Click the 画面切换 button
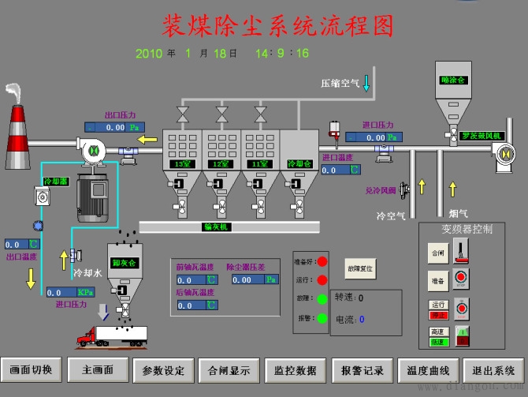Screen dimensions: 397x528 pos(31,369)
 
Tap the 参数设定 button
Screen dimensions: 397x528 pos(163,369)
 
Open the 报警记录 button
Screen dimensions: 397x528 pos(362,369)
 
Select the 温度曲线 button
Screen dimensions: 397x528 pos(428,369)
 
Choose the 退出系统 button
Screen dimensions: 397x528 pos(494,369)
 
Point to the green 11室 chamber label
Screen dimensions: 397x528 pos(259,163)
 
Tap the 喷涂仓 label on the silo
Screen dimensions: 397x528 pos(454,80)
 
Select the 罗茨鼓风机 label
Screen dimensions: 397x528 pos(481,135)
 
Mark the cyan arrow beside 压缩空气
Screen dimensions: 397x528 pos(366,82)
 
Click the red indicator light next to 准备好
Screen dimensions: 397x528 pos(322,261)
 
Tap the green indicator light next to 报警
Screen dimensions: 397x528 pos(322,318)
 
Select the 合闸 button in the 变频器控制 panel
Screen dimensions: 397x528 pos(438,254)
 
